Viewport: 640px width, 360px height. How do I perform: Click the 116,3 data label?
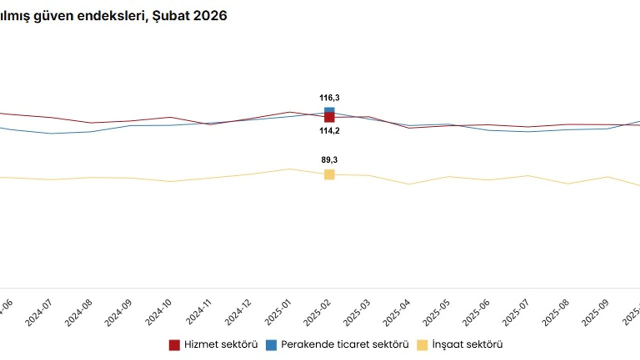coord(329,98)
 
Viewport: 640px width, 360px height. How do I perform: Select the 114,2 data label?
coord(329,131)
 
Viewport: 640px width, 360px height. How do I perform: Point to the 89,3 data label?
coord(329,160)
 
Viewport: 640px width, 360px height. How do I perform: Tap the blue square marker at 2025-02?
coord(329,110)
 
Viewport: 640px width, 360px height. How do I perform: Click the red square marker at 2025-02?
coord(329,117)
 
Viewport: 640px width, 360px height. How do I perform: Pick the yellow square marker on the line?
coord(329,174)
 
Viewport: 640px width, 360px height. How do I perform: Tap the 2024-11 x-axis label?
coord(198,313)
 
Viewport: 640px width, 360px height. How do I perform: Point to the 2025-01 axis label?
coord(278,313)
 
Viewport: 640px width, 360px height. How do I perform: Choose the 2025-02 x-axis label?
coord(318,313)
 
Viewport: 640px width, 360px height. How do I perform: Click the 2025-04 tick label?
coord(397,313)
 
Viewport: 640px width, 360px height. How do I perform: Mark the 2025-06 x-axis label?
coord(477,313)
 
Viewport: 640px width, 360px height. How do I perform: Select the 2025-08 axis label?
coord(556,313)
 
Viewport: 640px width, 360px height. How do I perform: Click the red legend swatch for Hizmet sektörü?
coord(174,345)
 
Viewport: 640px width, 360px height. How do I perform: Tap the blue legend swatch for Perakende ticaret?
coord(271,345)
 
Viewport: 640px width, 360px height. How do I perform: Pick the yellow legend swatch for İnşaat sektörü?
coord(422,345)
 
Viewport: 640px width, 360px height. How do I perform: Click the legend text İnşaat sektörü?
coord(467,344)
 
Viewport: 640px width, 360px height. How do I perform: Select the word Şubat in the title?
coord(174,16)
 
